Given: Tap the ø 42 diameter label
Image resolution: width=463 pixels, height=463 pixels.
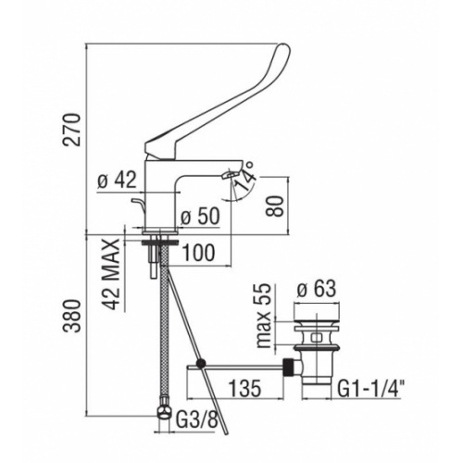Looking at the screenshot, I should tap(117, 182).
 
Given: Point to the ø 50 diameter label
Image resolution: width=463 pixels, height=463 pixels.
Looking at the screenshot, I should tap(201, 218).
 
